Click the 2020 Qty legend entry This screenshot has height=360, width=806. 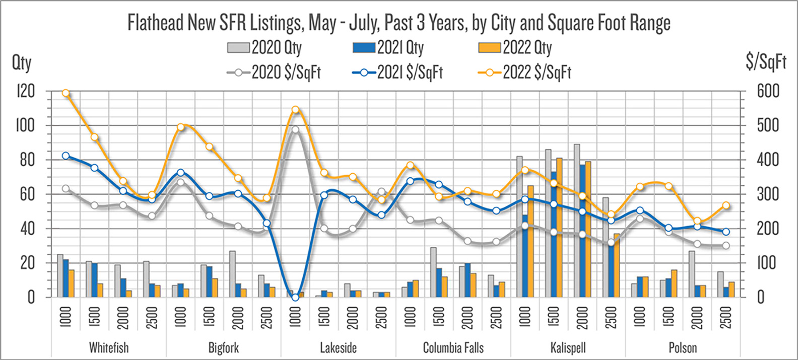click(264, 48)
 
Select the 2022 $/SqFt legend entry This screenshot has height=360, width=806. click(524, 73)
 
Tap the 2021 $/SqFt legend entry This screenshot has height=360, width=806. click(398, 73)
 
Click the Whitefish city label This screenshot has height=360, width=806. click(109, 347)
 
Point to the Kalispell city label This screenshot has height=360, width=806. click(568, 347)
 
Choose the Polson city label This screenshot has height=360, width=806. click(683, 347)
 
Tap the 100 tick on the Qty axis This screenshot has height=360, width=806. click(25, 125)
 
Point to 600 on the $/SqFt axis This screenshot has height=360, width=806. click(768, 91)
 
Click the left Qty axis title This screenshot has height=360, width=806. click(22, 63)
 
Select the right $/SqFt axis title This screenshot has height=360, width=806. click(766, 62)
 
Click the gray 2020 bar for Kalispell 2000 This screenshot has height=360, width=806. click(577, 221)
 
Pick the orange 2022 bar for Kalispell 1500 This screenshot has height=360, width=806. click(559, 228)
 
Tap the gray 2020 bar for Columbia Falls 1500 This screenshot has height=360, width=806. click(433, 272)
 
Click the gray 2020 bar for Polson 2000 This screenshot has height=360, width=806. click(692, 274)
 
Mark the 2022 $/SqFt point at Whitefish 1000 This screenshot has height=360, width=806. click(65, 93)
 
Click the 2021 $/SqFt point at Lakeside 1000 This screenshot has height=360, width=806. click(295, 298)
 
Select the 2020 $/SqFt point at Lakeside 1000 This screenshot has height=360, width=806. click(295, 129)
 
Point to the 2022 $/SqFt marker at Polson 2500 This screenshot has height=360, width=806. click(726, 205)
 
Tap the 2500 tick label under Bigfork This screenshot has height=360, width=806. click(266, 317)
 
